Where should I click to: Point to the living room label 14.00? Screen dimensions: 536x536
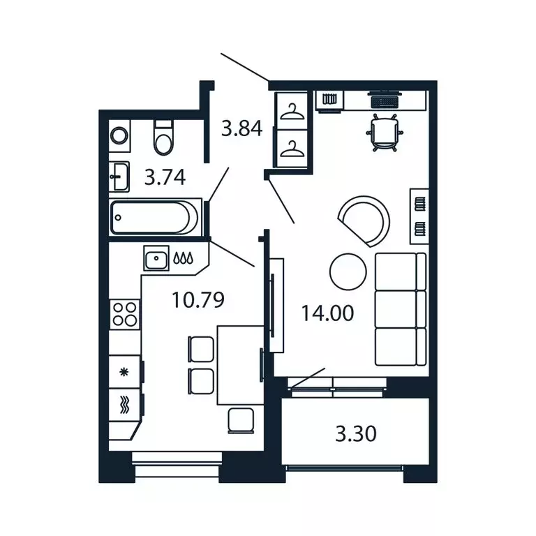point(327,313)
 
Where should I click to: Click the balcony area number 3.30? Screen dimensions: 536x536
point(356,434)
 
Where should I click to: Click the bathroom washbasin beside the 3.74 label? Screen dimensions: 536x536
point(119,177)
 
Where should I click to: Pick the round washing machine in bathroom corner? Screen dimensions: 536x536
point(119,135)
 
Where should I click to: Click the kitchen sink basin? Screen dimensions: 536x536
point(156,258)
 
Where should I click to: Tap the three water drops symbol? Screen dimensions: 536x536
point(184,258)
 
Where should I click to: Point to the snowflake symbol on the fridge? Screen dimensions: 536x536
point(125,371)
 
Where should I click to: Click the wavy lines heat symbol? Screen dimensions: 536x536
point(125,405)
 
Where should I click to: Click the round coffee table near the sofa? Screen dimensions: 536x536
point(347,272)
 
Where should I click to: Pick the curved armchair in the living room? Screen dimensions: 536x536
point(364,217)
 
